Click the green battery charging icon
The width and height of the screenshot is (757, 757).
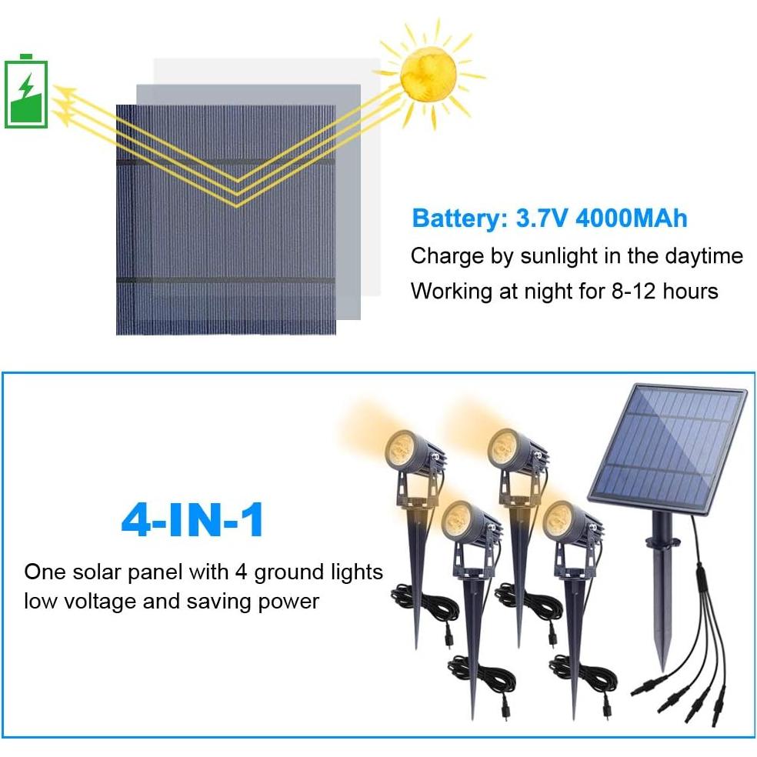(x=27, y=92)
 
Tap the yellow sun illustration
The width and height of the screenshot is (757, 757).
(x=428, y=75)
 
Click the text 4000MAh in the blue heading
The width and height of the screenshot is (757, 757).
(x=631, y=218)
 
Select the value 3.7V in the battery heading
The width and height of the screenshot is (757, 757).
(x=540, y=218)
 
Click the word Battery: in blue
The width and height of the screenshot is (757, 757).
(x=459, y=218)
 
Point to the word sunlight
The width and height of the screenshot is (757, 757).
(x=565, y=255)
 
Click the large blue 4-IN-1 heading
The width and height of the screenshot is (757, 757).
(x=192, y=522)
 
